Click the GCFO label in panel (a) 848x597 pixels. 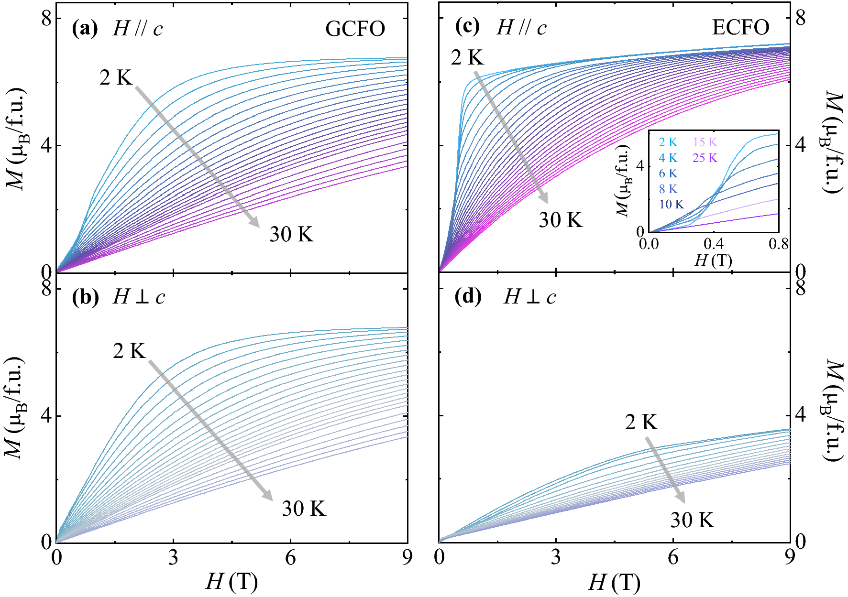point(355,29)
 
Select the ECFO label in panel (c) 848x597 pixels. point(740,27)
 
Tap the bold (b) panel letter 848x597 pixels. point(85,297)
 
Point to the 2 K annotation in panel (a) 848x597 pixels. point(116,77)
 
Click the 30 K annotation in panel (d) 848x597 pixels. point(692,520)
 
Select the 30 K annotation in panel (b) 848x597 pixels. point(304,509)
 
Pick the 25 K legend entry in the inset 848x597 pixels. point(705,158)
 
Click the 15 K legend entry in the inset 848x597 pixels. point(705,142)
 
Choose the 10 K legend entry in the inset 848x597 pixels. point(672,205)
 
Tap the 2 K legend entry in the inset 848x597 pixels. point(668,142)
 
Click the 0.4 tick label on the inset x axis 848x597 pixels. point(714,244)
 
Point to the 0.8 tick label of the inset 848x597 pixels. point(778,244)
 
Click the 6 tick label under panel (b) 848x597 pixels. point(290,558)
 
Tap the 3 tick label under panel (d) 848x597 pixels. point(556,558)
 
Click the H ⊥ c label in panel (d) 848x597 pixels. point(529,297)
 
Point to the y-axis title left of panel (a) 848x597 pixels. point(17,139)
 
